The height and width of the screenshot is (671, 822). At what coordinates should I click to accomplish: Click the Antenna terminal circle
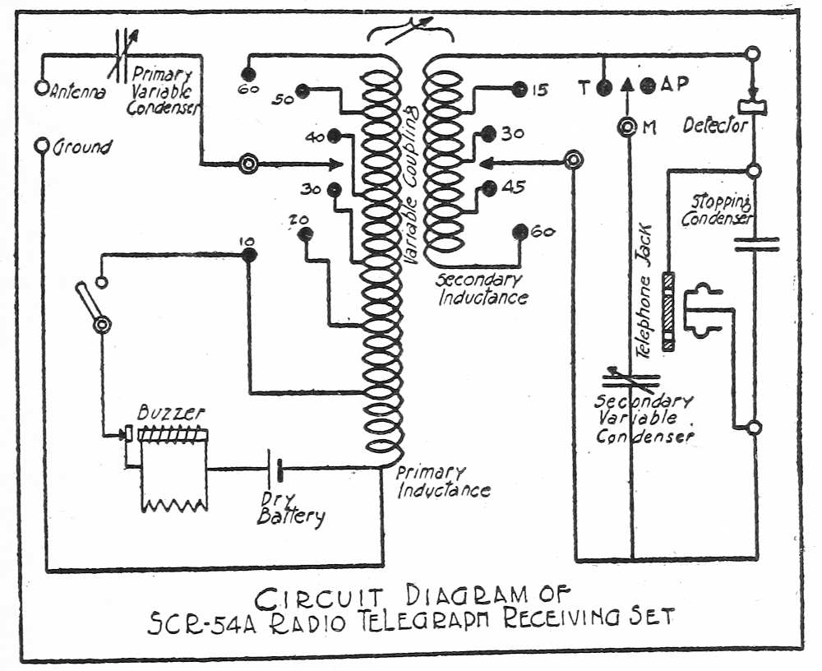(x=40, y=86)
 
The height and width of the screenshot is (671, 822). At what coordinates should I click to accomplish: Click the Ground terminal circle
(x=40, y=146)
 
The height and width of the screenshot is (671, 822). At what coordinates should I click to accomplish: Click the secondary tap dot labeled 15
(x=519, y=89)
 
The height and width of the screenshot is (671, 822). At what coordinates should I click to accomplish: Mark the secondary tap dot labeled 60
(x=519, y=231)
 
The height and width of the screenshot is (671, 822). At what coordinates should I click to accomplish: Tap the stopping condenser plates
(x=755, y=243)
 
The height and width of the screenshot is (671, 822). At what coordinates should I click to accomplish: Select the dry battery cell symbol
(x=276, y=470)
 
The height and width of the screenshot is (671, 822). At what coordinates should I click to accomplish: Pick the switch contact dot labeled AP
(x=647, y=86)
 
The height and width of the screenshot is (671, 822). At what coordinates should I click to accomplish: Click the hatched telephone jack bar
(x=670, y=312)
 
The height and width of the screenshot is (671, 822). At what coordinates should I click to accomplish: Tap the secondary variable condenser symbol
(x=631, y=378)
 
